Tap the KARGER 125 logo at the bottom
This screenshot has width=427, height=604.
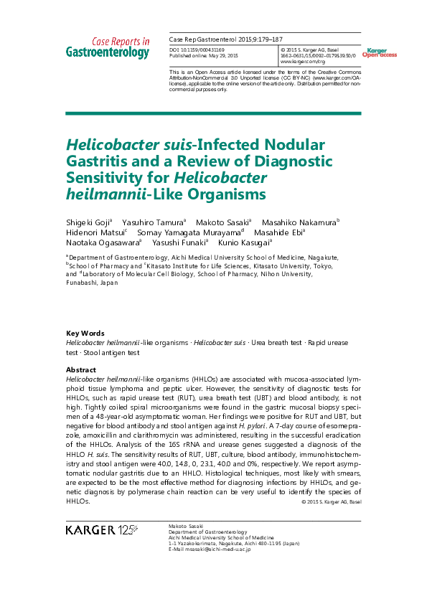pos(101,530)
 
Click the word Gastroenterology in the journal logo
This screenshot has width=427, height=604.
pos(108,52)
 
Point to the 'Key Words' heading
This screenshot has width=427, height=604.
pos(85,334)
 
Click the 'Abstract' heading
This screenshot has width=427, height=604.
pos(81,369)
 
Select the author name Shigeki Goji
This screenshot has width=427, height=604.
pos(88,222)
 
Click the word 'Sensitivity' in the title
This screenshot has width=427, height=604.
pos(103,178)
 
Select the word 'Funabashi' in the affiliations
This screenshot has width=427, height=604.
pos(84,283)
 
